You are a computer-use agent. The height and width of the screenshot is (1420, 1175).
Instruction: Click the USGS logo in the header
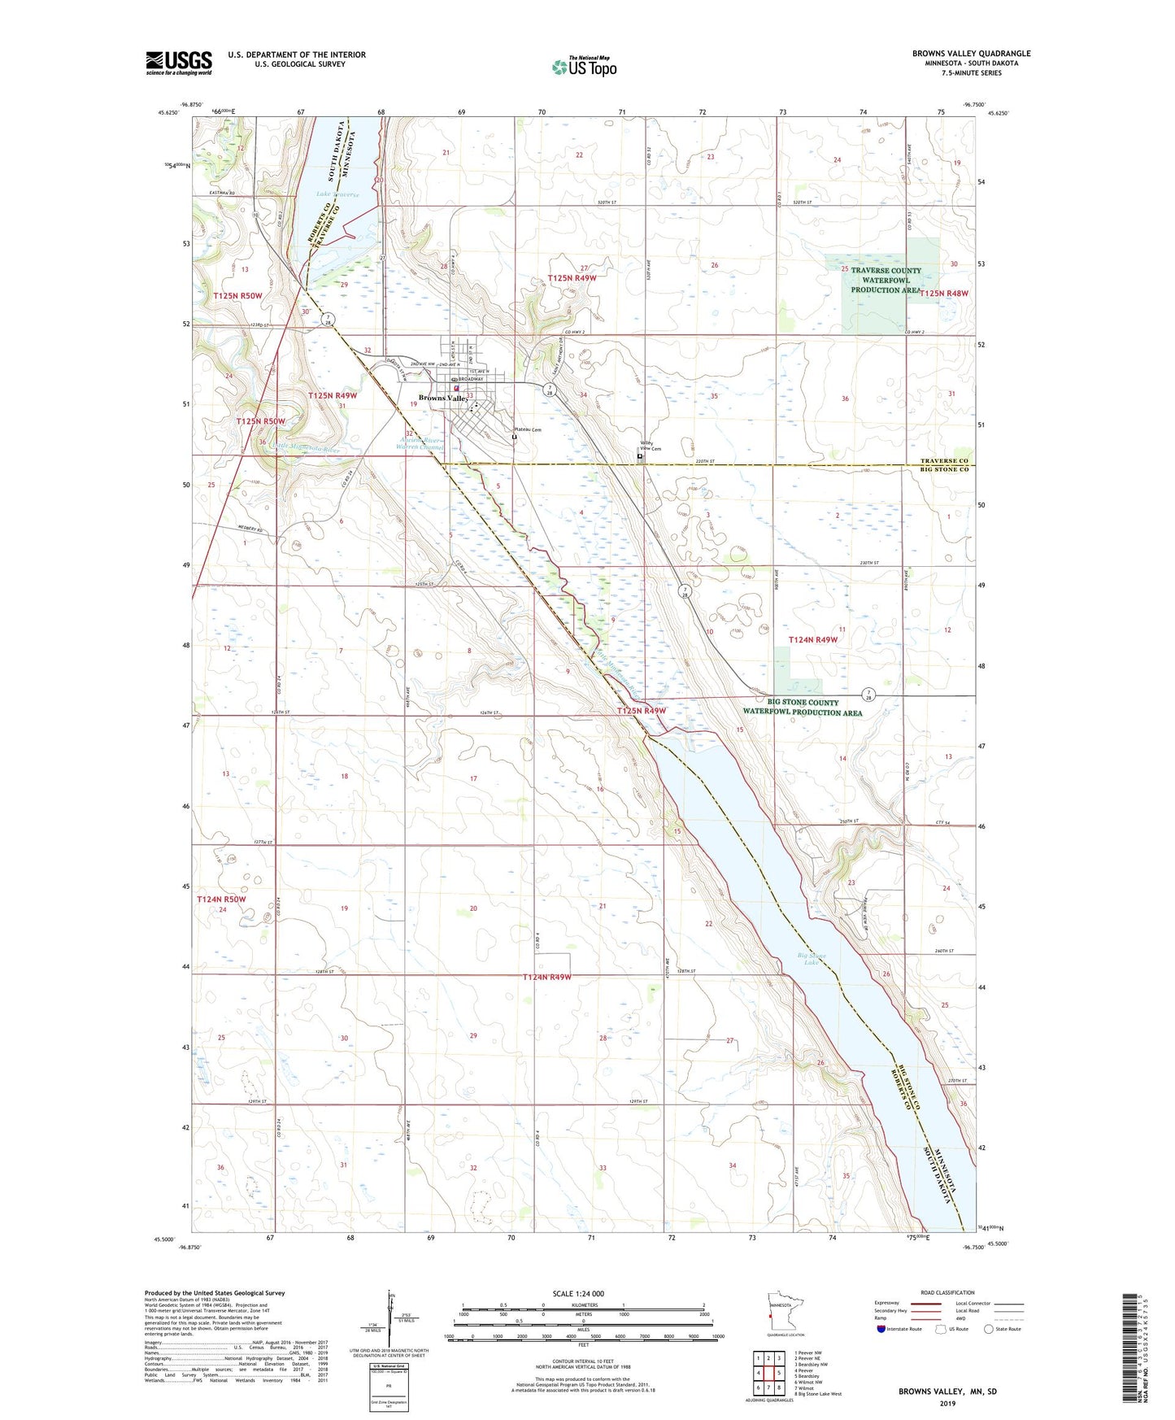click(x=178, y=63)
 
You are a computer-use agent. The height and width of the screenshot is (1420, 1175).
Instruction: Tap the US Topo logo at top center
click(x=584, y=66)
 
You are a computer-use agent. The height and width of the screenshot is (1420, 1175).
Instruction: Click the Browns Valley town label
click(x=442, y=399)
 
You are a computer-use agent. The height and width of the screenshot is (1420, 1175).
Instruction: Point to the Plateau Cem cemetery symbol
click(x=514, y=438)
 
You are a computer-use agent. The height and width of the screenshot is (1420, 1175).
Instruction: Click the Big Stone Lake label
click(x=811, y=959)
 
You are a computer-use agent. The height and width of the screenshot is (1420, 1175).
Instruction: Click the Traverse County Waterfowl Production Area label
click(x=886, y=281)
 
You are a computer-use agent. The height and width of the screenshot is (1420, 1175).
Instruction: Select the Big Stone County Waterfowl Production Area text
click(x=802, y=708)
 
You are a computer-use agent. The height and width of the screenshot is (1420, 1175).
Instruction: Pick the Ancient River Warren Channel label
click(x=419, y=443)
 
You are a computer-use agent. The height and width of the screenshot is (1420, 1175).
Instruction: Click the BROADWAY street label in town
click(x=470, y=379)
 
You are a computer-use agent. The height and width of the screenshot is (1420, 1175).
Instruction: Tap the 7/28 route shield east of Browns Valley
click(x=551, y=390)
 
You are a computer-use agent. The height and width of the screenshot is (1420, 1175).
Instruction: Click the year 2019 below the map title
click(x=947, y=1403)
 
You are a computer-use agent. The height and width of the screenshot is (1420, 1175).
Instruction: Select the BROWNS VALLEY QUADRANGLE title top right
click(x=971, y=54)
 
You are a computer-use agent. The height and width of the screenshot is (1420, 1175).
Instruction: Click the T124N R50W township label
click(x=221, y=899)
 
